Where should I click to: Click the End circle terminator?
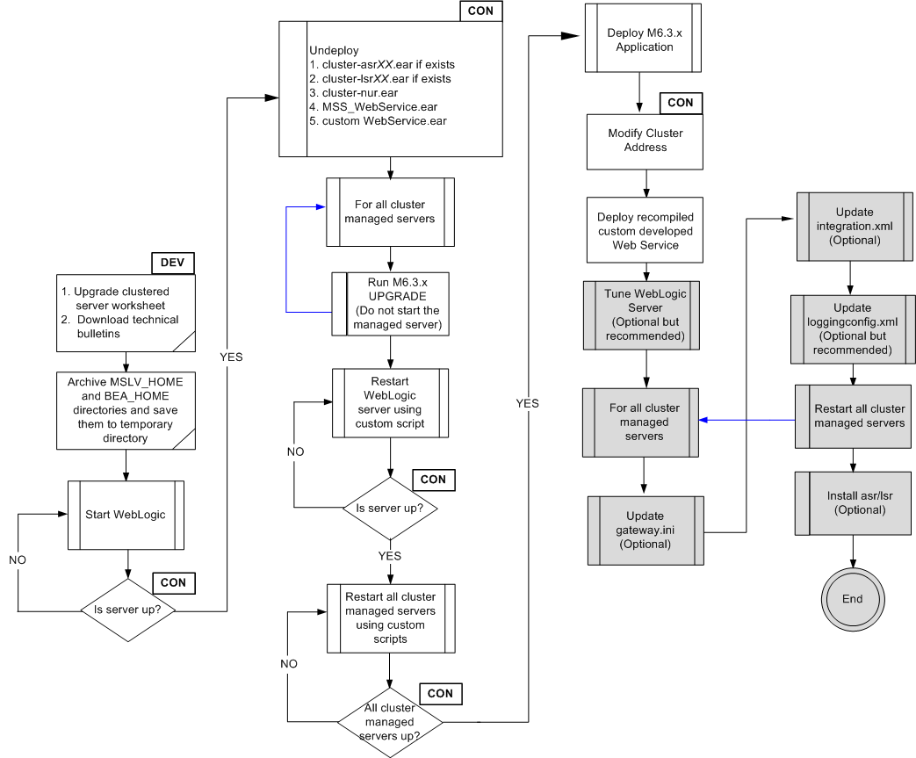(x=851, y=599)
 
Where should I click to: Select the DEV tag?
(x=172, y=262)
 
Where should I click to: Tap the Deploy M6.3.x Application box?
(x=644, y=40)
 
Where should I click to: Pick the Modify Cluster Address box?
(x=645, y=141)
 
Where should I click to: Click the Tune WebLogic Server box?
(x=645, y=315)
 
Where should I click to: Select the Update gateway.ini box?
(x=646, y=530)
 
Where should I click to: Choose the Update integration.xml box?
(x=855, y=226)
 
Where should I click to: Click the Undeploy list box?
(x=390, y=89)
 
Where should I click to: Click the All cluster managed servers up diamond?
(x=389, y=721)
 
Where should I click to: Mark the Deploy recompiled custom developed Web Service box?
(x=645, y=231)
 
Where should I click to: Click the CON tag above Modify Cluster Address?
(x=680, y=103)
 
